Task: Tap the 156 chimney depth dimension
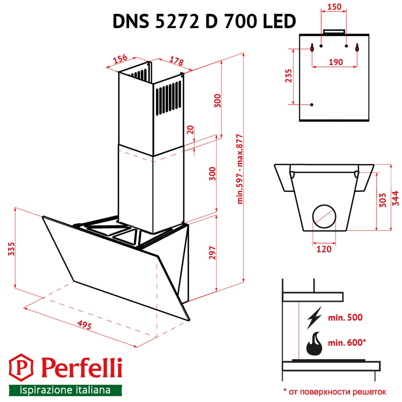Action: click(x=120, y=59)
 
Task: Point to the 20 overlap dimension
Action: click(x=191, y=131)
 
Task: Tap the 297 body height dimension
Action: click(x=213, y=252)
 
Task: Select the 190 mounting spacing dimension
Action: click(x=335, y=62)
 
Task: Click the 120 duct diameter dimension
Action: click(x=324, y=249)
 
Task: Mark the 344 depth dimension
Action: click(x=396, y=199)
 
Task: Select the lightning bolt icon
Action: click(x=314, y=318)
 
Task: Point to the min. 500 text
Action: click(x=346, y=318)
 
